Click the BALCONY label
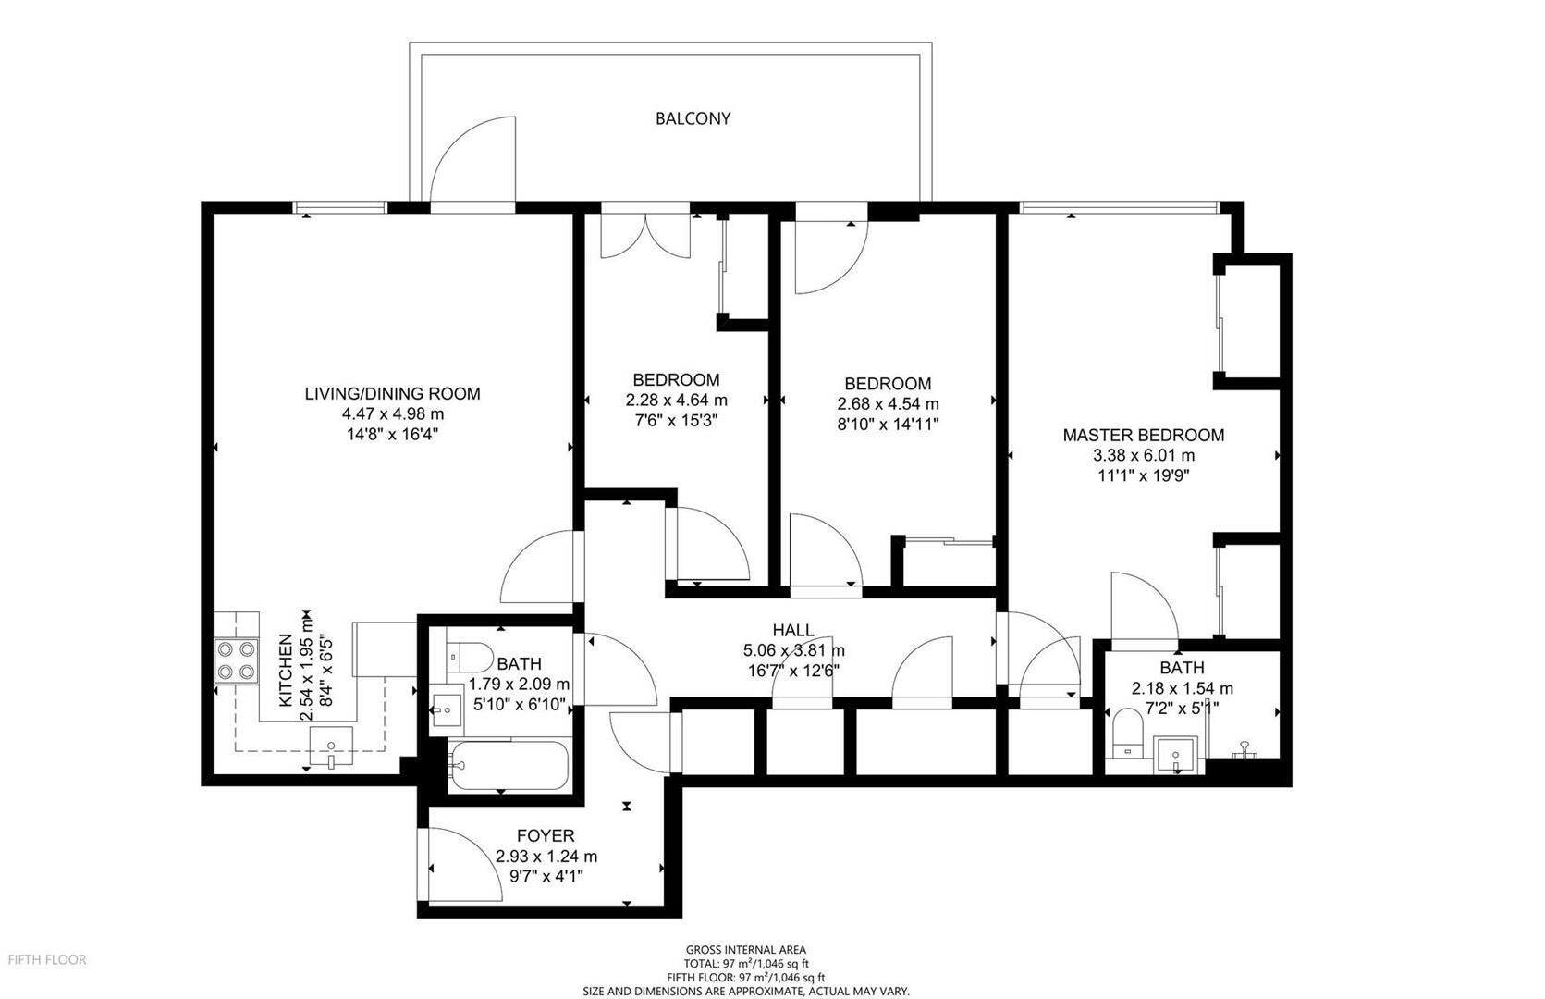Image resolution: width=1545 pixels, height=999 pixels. click(x=693, y=118)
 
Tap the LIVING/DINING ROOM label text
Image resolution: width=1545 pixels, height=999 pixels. click(x=392, y=394)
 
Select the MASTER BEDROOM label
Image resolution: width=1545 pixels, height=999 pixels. click(x=1144, y=436)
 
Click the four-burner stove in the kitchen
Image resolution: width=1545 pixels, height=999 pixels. click(x=236, y=661)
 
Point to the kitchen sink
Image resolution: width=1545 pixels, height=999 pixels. click(x=331, y=746)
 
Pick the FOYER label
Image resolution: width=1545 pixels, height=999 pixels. click(x=546, y=836)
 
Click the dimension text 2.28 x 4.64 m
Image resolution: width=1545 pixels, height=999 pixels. click(x=677, y=401)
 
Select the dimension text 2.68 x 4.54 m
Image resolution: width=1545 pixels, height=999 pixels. click(x=889, y=403)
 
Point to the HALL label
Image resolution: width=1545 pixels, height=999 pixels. click(x=793, y=630)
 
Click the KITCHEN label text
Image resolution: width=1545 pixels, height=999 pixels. click(x=286, y=671)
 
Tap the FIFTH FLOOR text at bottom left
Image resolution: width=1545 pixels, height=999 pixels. click(x=47, y=959)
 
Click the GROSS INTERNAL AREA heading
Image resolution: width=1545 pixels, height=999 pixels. click(x=745, y=950)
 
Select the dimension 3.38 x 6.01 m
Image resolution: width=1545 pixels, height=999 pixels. click(x=1144, y=455)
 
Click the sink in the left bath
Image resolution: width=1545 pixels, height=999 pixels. click(x=447, y=709)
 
